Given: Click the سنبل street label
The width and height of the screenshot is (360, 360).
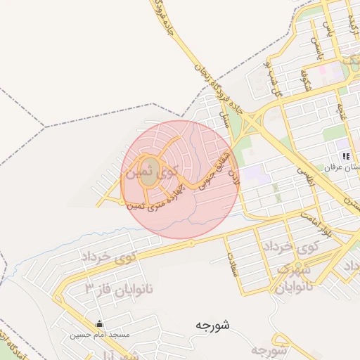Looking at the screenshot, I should click(226, 118).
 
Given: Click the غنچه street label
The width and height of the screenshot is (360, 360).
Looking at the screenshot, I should click(341, 110).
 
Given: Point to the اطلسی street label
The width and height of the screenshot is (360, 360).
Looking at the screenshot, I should click(304, 169).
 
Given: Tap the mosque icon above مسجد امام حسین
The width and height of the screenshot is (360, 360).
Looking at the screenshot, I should click(99, 325).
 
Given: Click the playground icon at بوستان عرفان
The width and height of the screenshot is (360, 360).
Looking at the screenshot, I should click(345, 156).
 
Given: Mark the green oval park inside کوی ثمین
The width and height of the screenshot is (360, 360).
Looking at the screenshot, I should click(149, 176).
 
